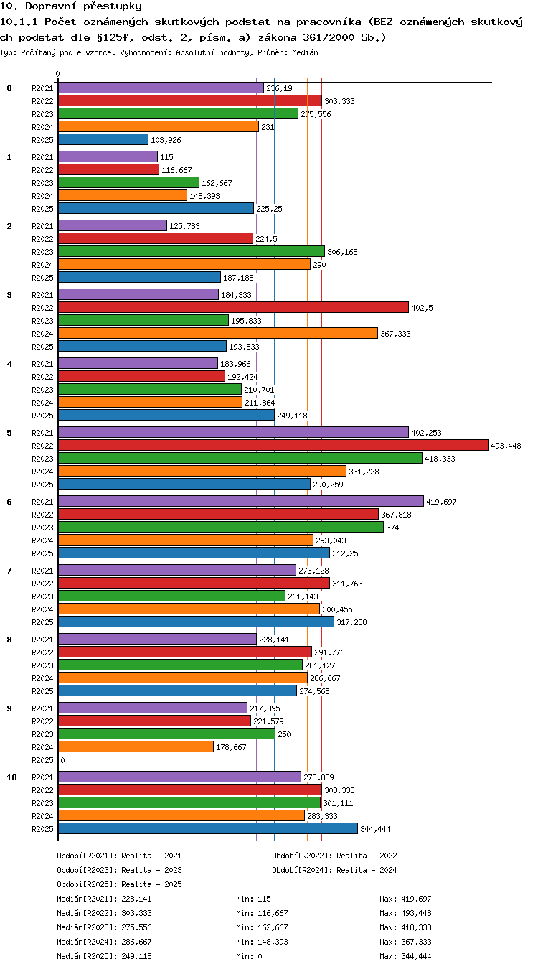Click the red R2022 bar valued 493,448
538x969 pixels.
click(x=273, y=445)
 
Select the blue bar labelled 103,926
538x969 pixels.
click(x=103, y=139)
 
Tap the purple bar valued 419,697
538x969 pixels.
click(x=241, y=501)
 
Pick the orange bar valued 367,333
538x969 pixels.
click(x=218, y=333)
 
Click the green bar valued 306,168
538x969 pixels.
click(x=191, y=251)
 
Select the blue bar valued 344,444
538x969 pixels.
click(x=208, y=828)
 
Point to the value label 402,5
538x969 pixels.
click(x=422, y=308)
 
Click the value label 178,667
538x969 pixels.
click(x=231, y=747)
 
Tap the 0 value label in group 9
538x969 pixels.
click(x=62, y=760)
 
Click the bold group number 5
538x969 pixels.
click(x=9, y=433)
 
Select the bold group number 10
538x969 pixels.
click(x=11, y=777)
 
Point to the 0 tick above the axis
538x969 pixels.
click(x=57, y=74)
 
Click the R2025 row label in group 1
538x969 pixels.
click(x=42, y=209)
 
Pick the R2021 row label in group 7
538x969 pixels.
click(x=42, y=571)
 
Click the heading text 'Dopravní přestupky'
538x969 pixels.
click(x=83, y=6)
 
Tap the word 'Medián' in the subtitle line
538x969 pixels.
click(x=305, y=52)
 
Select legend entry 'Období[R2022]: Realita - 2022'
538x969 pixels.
click(x=334, y=855)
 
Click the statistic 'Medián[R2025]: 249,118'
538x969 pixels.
click(x=104, y=955)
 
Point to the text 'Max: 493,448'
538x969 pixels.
click(x=405, y=913)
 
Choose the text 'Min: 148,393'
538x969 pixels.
click(x=262, y=941)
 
